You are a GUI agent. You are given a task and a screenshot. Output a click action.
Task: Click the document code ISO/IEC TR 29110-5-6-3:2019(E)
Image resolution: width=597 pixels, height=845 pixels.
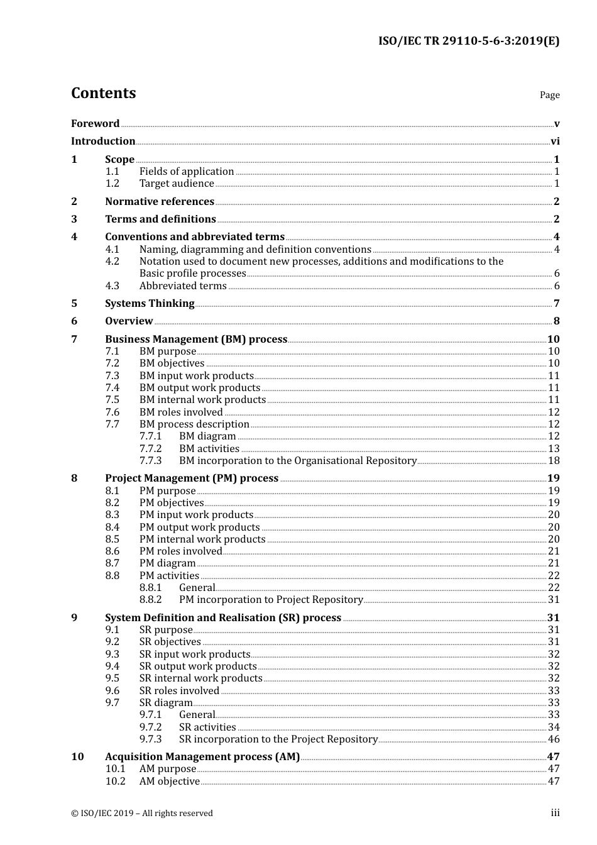(468, 41)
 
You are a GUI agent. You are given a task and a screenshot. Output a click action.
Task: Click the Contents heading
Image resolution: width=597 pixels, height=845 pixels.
(103, 93)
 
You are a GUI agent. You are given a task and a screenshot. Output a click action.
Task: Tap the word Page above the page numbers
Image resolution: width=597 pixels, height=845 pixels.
(549, 95)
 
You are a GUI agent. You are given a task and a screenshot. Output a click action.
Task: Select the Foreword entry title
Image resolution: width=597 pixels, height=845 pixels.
(95, 124)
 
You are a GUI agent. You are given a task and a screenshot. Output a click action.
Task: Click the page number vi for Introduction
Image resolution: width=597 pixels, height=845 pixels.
(555, 141)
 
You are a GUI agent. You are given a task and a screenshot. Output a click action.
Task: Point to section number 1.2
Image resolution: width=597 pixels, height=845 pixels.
(112, 184)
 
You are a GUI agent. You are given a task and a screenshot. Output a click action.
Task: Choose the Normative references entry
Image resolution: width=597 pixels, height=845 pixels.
(160, 202)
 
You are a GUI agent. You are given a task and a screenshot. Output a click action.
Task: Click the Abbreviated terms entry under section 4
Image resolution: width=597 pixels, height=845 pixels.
(183, 286)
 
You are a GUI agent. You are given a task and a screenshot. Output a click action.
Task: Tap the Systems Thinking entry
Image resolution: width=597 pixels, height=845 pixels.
(150, 304)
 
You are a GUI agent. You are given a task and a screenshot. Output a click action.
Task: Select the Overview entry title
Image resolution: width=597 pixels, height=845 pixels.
(129, 321)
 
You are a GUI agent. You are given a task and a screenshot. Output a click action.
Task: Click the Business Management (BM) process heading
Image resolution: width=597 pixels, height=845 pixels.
(196, 340)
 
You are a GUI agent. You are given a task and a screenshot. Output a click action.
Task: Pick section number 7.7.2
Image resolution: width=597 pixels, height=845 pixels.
(150, 449)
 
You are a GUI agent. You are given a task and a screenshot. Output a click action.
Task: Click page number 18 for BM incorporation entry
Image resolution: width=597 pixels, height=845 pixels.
(554, 461)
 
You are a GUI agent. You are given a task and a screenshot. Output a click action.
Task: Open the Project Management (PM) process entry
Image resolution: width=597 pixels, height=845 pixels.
(192, 478)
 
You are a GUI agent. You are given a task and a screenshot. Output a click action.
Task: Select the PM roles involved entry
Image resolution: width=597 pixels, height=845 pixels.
(181, 551)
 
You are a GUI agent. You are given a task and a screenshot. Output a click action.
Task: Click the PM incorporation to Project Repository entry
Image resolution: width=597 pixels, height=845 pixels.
(271, 600)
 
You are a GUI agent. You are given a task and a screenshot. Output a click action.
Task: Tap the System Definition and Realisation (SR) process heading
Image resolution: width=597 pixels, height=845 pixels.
(223, 618)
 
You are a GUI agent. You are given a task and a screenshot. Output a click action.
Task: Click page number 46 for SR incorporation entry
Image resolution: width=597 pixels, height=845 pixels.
(554, 739)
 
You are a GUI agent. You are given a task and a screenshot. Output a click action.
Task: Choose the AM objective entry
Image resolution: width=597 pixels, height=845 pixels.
(170, 781)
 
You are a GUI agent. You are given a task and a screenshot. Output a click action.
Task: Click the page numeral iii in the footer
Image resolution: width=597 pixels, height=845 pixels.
(555, 813)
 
